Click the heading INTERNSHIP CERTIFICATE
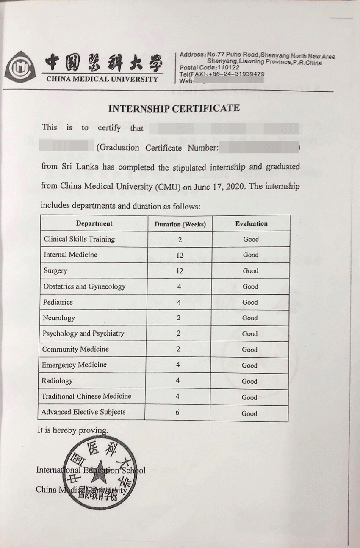(x=174, y=108)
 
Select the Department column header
(x=94, y=223)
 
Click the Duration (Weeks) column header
(x=180, y=224)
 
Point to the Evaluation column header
(x=251, y=223)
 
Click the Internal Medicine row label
(x=70, y=255)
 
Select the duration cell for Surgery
(x=180, y=271)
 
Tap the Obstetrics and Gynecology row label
(x=84, y=286)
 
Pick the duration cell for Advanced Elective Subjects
(x=177, y=413)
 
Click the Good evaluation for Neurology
(x=250, y=318)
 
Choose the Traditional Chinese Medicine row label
(x=86, y=397)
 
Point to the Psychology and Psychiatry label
(x=83, y=333)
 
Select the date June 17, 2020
(x=223, y=187)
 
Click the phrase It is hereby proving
(x=72, y=430)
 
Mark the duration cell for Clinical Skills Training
(x=180, y=240)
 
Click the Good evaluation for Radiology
(x=249, y=381)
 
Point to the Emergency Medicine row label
(x=74, y=365)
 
